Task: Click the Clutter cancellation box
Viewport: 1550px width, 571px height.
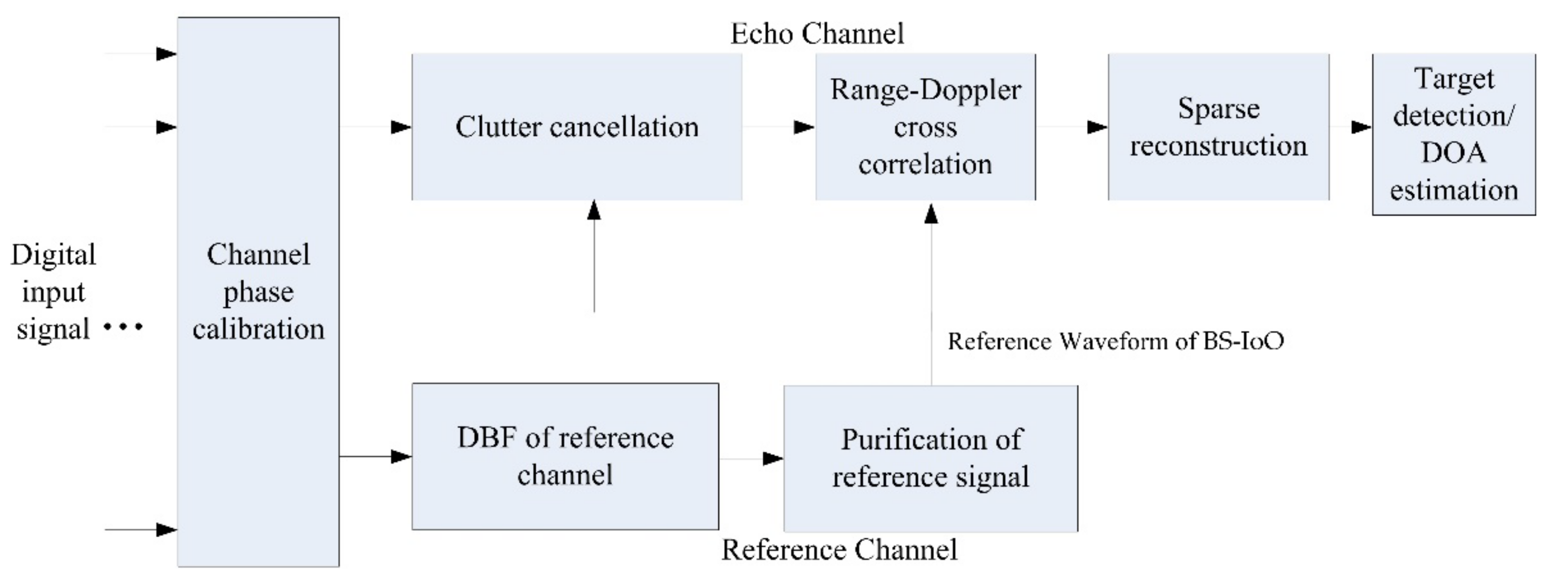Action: coord(576,127)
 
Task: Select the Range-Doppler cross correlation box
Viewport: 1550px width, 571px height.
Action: coord(925,127)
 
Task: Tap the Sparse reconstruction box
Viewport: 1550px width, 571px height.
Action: coord(1219,127)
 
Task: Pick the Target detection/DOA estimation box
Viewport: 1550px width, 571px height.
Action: coord(1453,134)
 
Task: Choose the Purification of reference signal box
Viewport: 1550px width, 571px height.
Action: coord(930,459)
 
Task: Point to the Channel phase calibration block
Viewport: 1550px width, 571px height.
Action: coord(258,292)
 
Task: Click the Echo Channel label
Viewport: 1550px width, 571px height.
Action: coord(817,34)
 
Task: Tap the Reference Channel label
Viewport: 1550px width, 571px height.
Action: coord(839,550)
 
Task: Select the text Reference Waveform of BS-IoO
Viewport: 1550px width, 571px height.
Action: coord(1116,341)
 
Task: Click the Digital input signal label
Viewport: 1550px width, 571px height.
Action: coord(53,292)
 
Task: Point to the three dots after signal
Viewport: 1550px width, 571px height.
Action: coord(123,327)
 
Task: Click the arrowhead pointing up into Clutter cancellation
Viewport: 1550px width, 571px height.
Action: coord(594,210)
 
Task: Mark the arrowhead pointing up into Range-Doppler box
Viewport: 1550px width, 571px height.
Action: coord(931,214)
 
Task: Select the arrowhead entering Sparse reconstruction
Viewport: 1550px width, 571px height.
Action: coord(1098,127)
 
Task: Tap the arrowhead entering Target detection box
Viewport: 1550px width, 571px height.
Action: coord(1361,127)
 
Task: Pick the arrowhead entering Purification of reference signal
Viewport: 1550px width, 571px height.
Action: coord(773,459)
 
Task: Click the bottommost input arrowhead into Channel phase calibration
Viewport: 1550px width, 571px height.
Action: coord(167,530)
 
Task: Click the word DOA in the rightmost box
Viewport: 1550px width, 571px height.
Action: coord(1453,153)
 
